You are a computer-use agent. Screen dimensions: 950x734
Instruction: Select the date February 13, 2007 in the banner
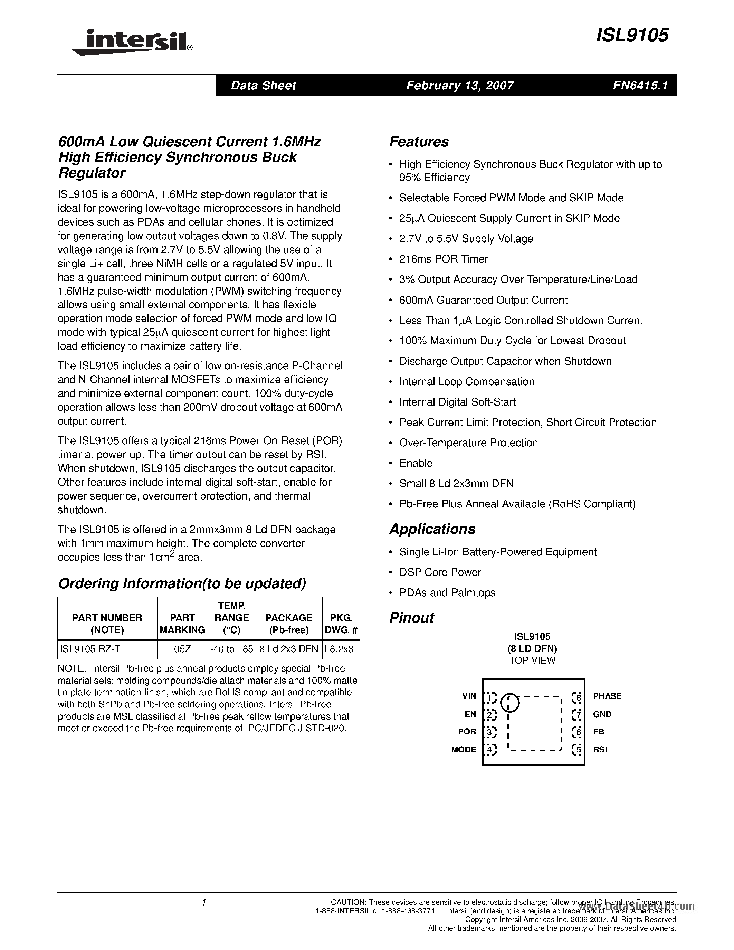[x=460, y=85]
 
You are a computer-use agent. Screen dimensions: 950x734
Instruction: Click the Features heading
[x=419, y=142]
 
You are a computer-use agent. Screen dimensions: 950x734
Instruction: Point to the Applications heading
[x=432, y=529]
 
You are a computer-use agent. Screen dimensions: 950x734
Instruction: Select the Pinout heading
[x=411, y=618]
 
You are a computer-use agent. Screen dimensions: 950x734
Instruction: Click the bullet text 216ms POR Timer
[x=443, y=259]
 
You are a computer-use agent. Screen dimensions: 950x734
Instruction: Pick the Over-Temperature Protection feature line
[x=468, y=443]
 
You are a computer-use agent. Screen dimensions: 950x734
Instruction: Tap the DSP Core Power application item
[x=440, y=572]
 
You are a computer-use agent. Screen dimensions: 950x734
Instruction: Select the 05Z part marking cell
[x=182, y=649]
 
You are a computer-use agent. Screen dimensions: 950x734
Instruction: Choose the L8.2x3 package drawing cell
[x=339, y=649]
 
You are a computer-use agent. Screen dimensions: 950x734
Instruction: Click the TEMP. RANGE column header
[x=231, y=618]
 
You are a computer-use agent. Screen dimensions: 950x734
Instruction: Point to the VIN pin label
[x=469, y=696]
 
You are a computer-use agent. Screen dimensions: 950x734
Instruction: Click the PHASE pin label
[x=607, y=696]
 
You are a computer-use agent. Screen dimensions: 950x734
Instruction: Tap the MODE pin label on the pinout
[x=464, y=750]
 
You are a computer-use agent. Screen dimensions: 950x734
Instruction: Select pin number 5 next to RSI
[x=578, y=750]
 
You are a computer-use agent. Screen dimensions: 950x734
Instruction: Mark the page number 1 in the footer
[x=203, y=903]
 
